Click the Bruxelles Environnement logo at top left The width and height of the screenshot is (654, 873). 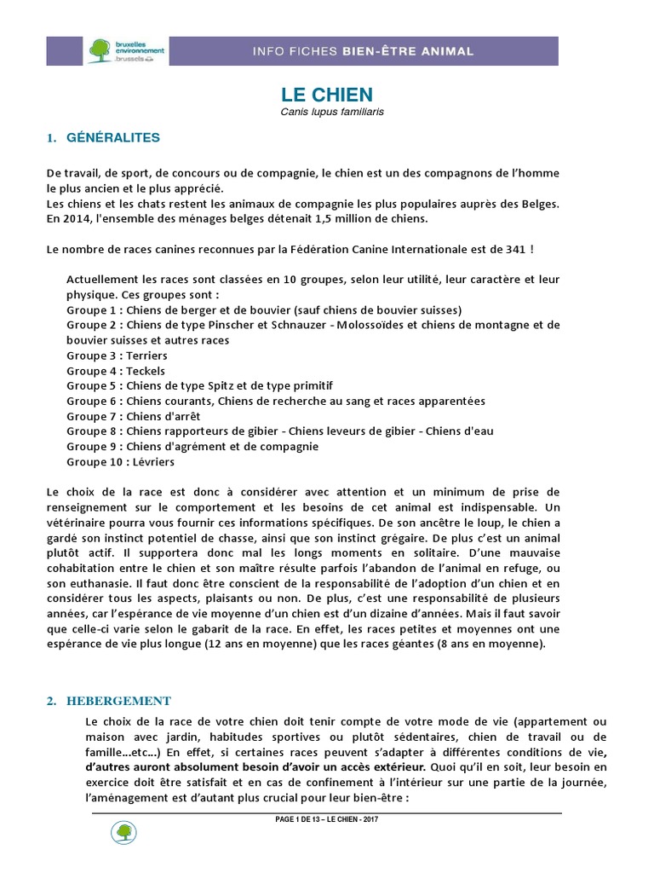click(x=120, y=50)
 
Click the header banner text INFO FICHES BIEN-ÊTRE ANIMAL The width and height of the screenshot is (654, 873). click(x=363, y=51)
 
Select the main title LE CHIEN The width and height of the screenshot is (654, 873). click(x=327, y=95)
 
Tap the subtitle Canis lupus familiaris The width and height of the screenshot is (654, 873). click(x=327, y=112)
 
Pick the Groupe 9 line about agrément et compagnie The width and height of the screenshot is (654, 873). click(x=192, y=446)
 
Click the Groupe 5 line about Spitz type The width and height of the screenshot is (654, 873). click(x=200, y=385)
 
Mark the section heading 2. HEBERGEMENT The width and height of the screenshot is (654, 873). click(x=108, y=701)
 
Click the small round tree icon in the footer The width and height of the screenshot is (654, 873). click(x=123, y=833)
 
